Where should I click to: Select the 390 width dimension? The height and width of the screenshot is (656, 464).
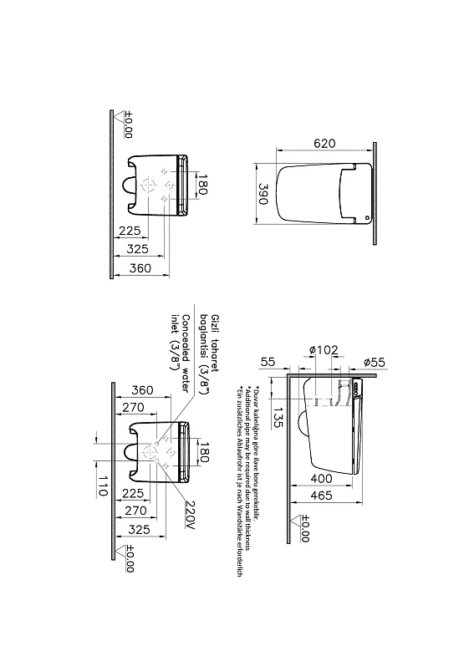(x=263, y=195)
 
